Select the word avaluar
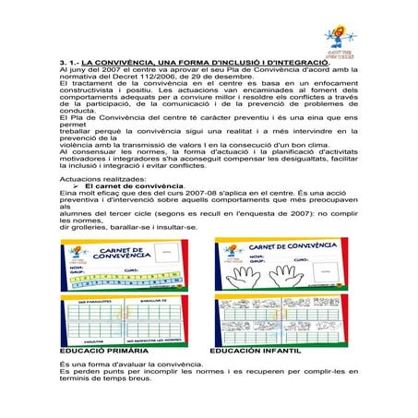[142, 365]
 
